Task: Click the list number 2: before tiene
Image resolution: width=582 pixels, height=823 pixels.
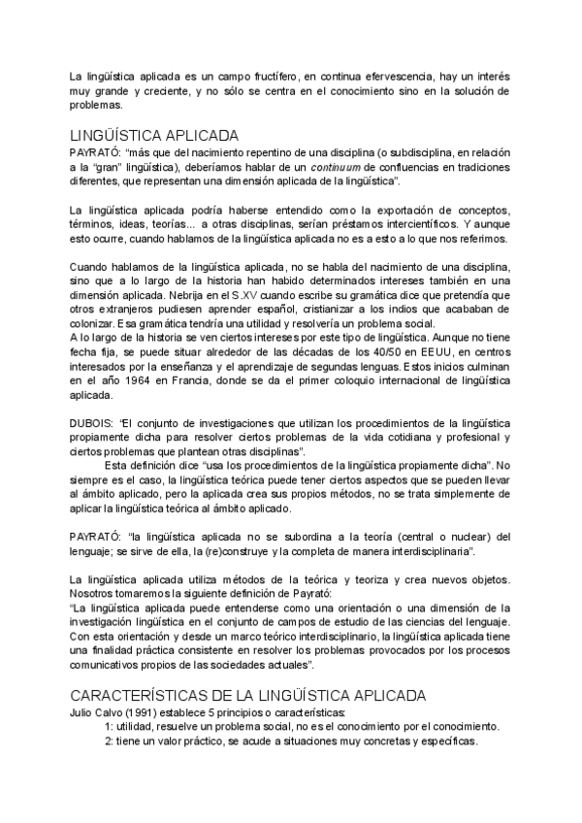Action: click(x=111, y=741)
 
